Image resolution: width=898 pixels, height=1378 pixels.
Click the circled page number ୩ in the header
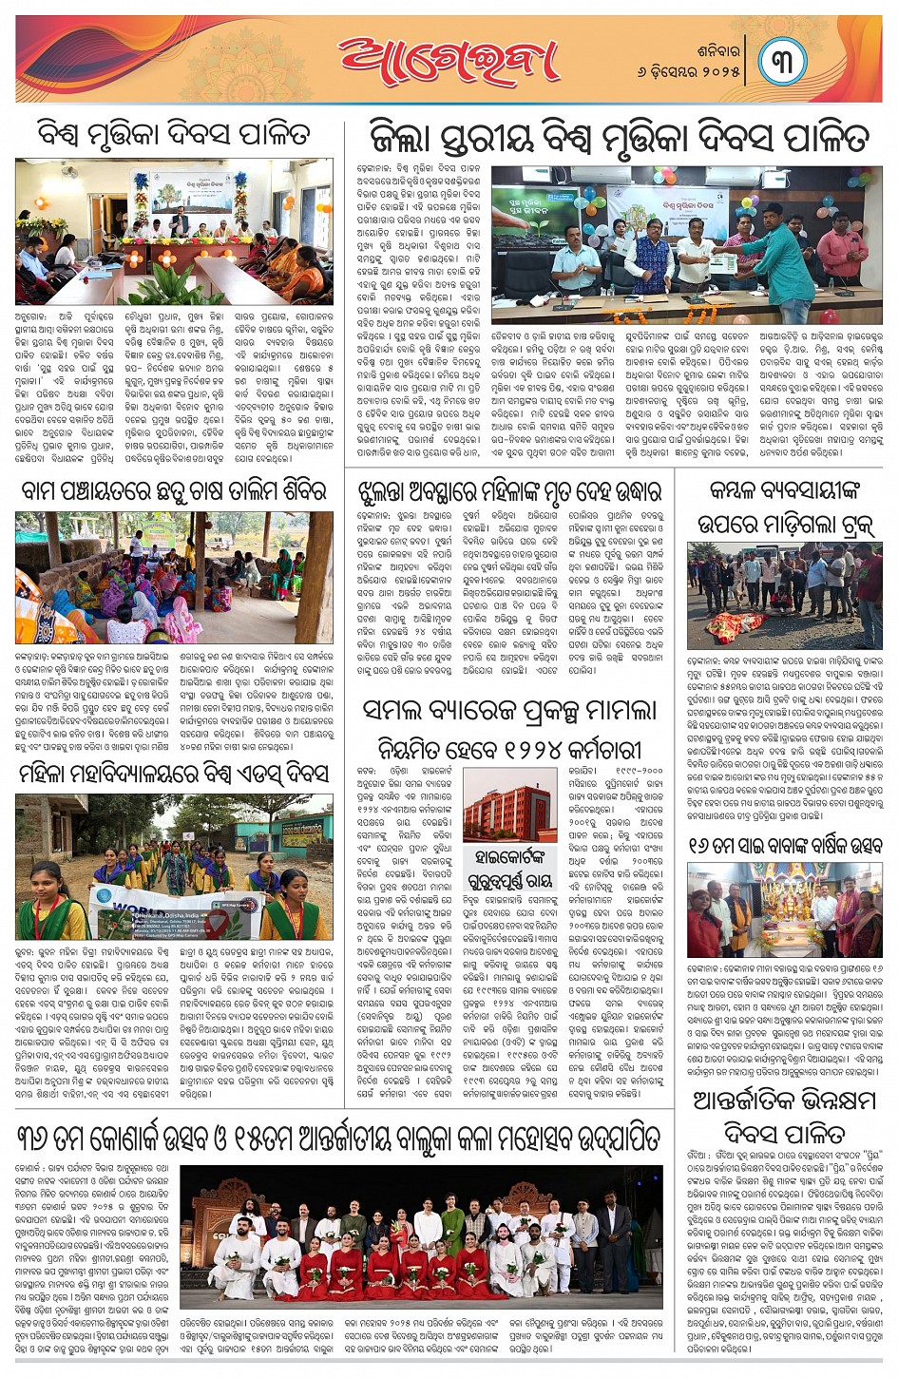coord(782,60)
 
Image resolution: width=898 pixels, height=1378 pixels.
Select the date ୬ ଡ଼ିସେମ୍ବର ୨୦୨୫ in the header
coord(689,71)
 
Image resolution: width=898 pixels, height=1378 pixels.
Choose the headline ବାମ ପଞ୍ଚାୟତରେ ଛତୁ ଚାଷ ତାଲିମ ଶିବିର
coord(174,492)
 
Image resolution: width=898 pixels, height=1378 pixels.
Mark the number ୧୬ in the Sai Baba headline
coord(701,846)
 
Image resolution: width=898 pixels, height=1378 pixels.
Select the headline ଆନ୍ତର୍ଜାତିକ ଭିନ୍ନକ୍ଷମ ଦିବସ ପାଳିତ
coord(784,1117)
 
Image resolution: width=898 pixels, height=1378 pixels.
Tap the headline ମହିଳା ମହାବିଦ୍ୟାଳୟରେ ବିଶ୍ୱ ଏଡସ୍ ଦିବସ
coord(174,775)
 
